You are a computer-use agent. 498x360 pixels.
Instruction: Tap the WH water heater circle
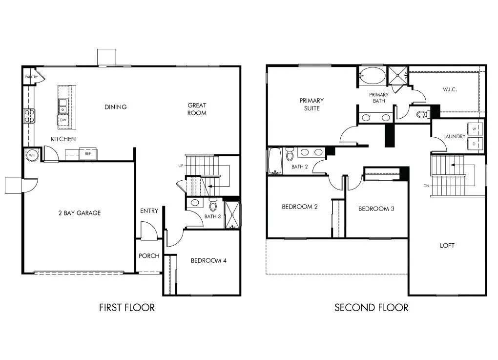(32, 155)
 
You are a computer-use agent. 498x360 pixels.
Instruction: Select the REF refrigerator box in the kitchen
(88, 154)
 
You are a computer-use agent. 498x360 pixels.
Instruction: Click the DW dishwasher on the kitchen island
(63, 120)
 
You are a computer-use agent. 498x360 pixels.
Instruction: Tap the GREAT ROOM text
(197, 109)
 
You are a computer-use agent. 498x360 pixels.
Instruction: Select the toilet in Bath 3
(212, 203)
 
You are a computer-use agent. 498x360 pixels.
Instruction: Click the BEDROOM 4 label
(208, 260)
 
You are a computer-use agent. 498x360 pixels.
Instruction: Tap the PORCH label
(149, 255)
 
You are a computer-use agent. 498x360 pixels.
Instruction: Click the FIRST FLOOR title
(126, 307)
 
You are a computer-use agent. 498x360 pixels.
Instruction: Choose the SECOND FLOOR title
(371, 307)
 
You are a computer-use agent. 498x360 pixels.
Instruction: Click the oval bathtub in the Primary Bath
(373, 76)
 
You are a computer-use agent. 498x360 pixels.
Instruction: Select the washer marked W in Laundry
(475, 128)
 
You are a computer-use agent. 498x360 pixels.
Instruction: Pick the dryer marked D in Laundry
(475, 143)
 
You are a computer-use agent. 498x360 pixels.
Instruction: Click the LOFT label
(447, 245)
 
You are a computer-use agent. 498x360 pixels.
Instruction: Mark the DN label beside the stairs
(426, 186)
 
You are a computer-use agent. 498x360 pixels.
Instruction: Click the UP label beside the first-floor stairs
(181, 166)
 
